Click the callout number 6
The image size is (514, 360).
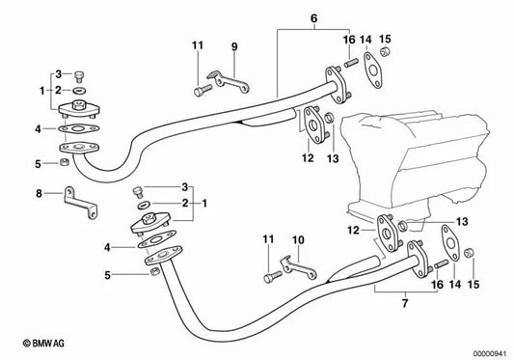284,18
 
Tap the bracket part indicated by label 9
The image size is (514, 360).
231,81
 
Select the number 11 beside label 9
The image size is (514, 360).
197,46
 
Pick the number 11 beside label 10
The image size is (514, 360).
265,238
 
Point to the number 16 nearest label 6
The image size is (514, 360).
348,39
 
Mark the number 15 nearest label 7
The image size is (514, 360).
473,287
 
